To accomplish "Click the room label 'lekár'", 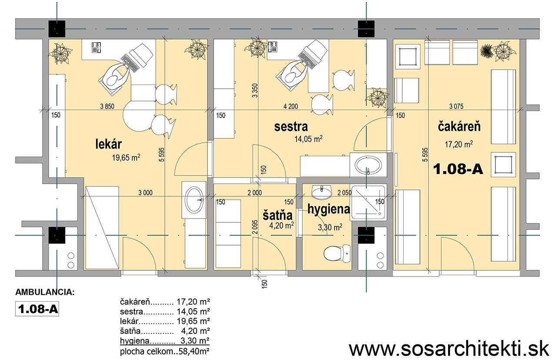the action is coord(109,144).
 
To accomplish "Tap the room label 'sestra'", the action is coord(291,127).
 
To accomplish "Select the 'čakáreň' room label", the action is coord(459,126).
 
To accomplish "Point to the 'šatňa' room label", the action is coord(277,215).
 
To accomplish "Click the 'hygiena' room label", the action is coord(328,209).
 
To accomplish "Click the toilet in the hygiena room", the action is coord(337,253).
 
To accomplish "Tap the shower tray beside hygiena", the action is coord(368,202).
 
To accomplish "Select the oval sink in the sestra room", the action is coord(368,165).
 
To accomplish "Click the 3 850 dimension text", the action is coord(107,106).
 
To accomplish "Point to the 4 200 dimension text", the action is coord(291,106).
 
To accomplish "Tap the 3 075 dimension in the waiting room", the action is coord(456,106).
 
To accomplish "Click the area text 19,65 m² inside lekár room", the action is coord(126,158).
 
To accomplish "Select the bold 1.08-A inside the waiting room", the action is coord(458,169).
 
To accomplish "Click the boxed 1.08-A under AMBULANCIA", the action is coord(37,309).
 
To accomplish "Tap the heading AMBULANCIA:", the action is coord(45,292).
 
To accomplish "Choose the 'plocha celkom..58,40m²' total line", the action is coord(165,351).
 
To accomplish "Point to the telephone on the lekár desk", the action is coord(96,47).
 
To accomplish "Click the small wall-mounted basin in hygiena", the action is coord(321,192).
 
